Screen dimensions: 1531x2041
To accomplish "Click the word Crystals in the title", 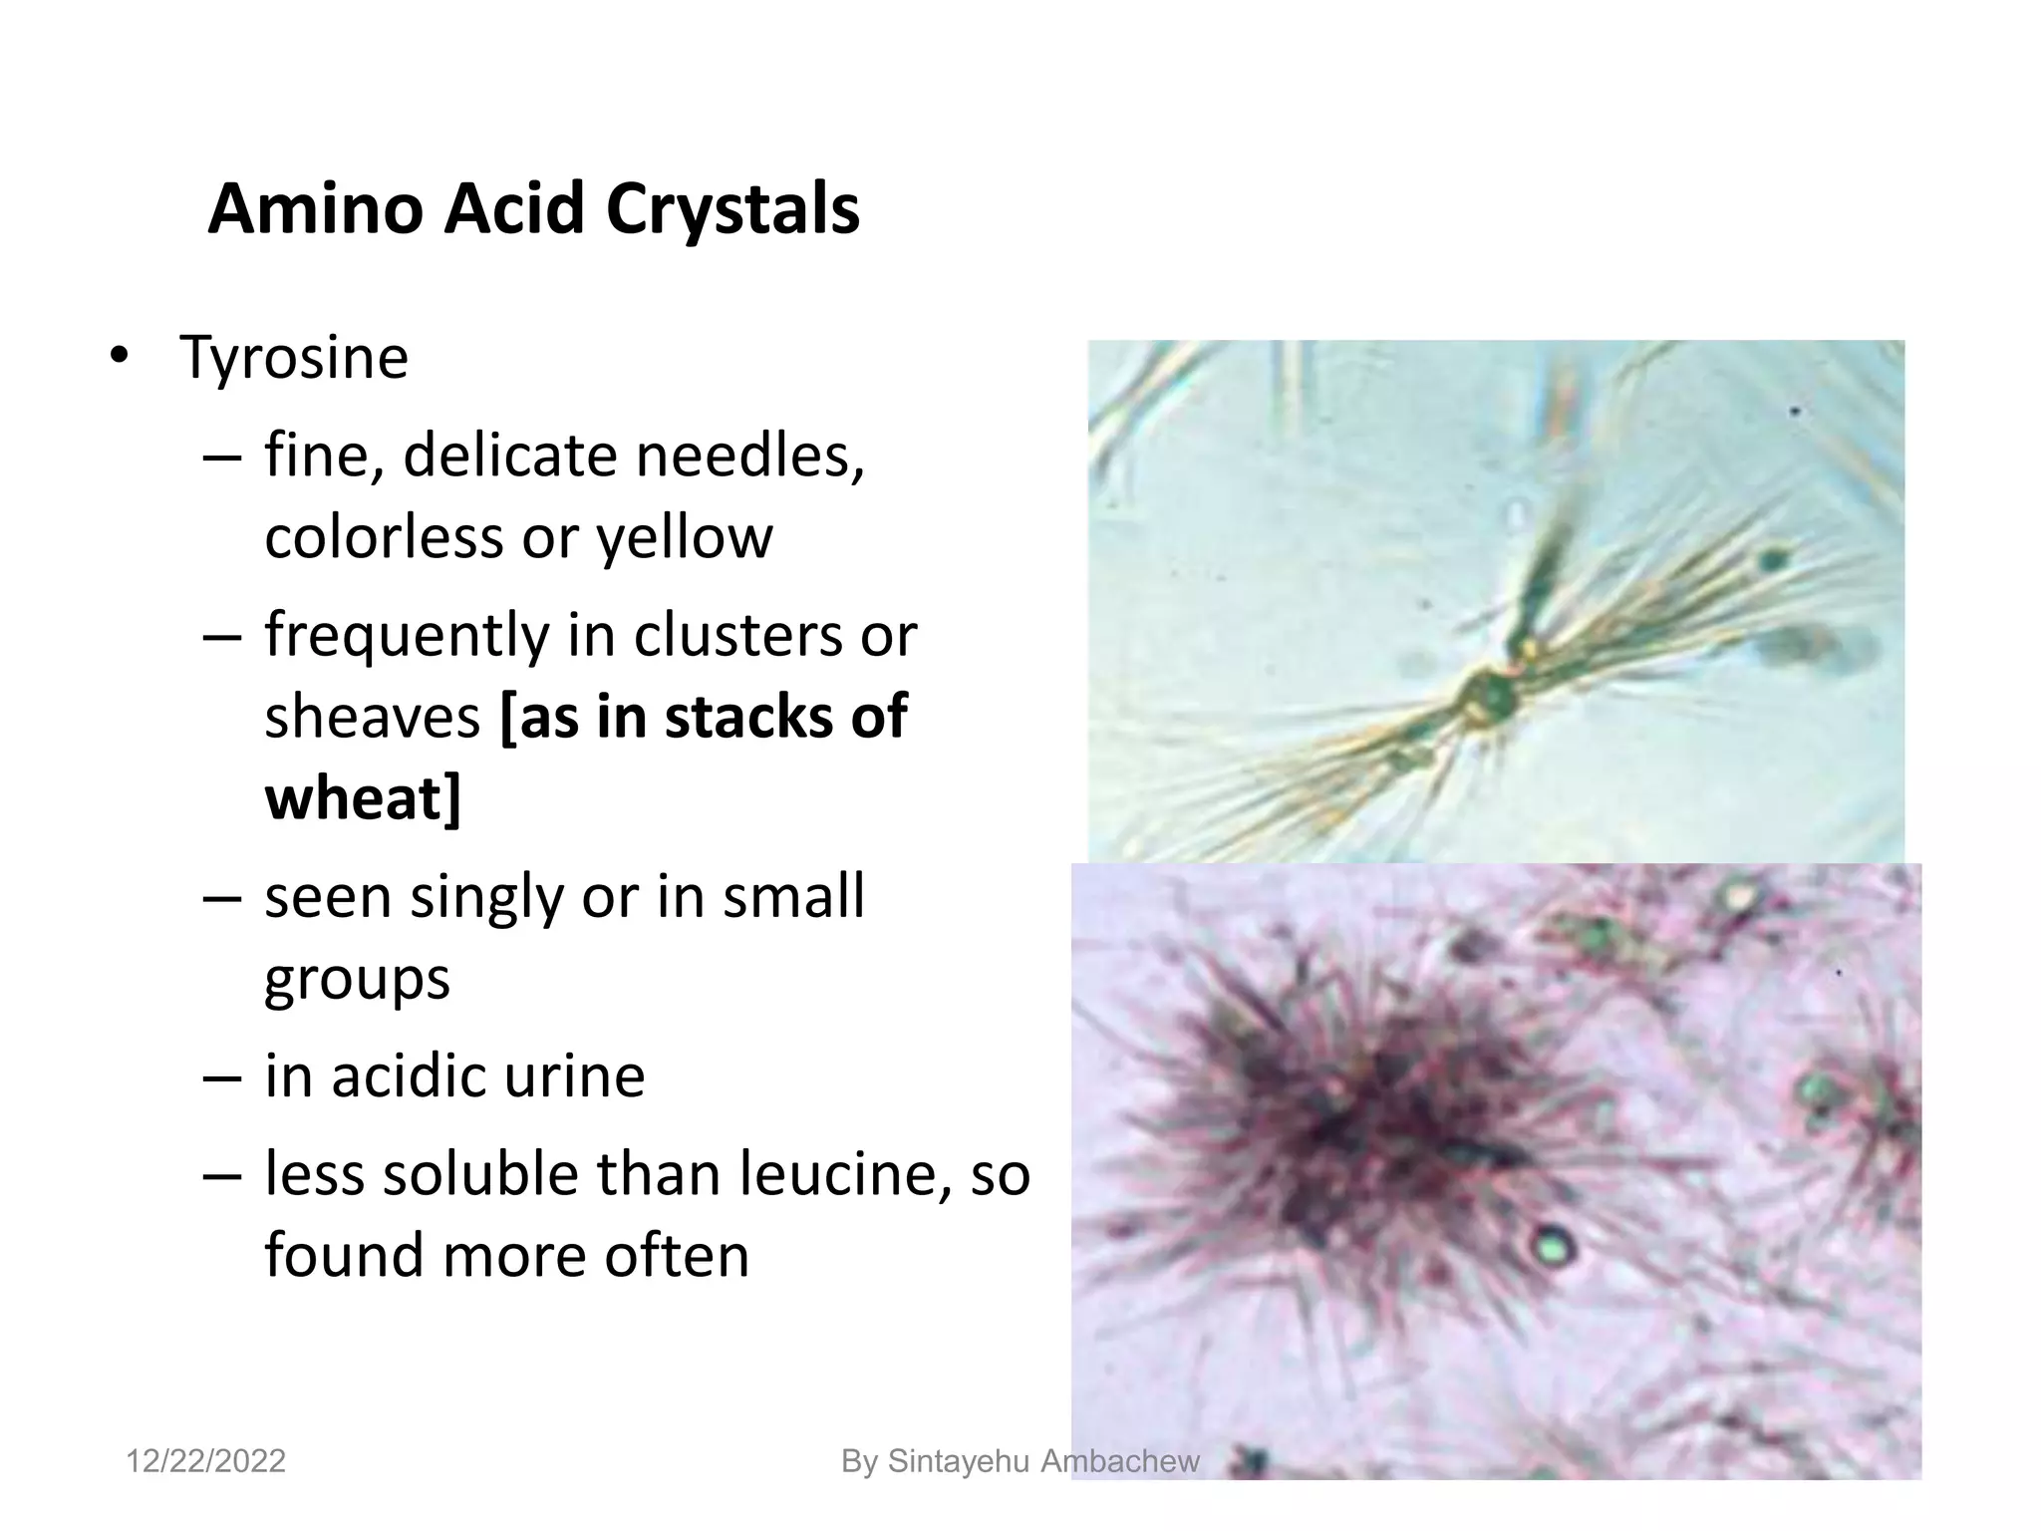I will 732,210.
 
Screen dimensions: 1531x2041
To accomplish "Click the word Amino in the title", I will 316,210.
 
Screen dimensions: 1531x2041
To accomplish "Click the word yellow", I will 684,537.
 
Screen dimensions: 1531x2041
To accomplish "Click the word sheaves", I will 372,717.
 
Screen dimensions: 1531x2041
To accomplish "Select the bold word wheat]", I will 363,798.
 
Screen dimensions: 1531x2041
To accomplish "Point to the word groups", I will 357,979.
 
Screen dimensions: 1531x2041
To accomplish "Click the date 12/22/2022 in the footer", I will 205,1461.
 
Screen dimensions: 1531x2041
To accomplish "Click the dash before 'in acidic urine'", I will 221,1077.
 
